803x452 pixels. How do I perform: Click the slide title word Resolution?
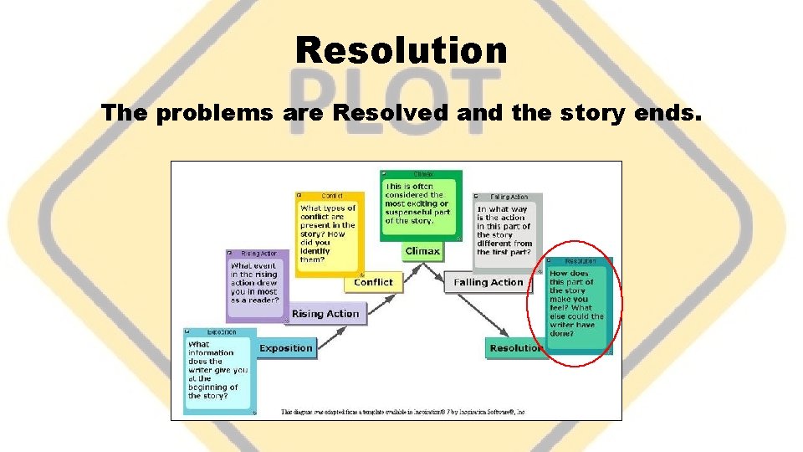tap(401, 50)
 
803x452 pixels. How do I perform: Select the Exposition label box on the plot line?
tap(286, 348)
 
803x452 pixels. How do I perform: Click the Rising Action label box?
tap(325, 314)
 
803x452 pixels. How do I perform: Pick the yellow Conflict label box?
tap(372, 282)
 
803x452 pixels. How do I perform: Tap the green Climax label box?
tap(422, 251)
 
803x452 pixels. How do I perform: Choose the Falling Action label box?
tap(488, 283)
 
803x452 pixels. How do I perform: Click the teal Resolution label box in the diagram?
tap(514, 348)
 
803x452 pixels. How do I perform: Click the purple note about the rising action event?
tap(256, 285)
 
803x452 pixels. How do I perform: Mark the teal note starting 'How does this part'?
tap(577, 303)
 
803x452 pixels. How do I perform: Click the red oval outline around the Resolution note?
tap(528, 310)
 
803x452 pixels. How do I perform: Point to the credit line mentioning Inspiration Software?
tap(401, 412)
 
